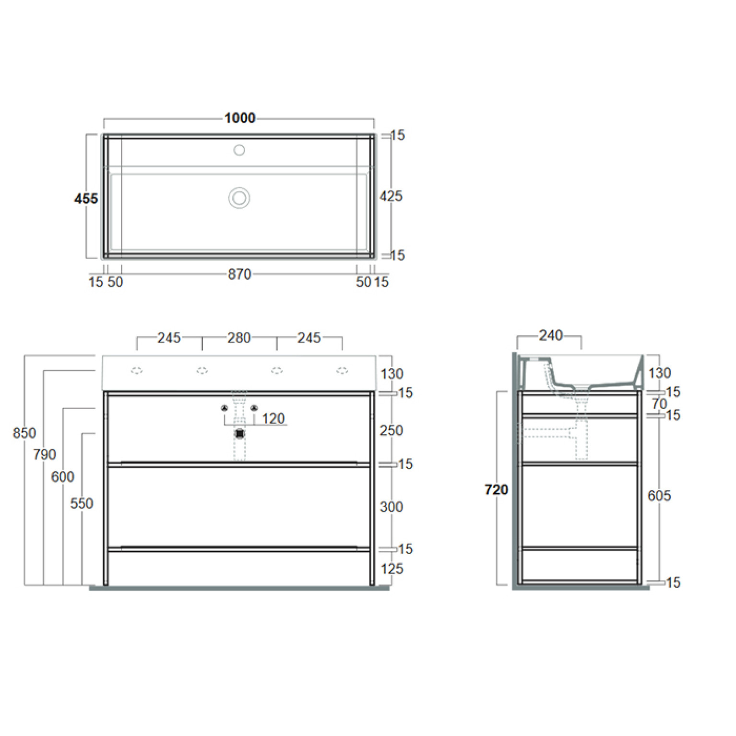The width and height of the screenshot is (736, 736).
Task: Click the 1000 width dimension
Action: tap(240, 118)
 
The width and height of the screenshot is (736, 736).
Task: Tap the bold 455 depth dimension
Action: tap(86, 199)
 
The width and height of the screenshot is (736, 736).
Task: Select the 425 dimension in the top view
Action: tap(391, 196)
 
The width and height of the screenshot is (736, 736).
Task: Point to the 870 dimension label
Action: tap(239, 274)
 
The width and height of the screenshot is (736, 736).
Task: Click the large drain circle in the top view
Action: tap(239, 198)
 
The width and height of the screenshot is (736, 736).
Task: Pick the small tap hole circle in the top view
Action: tap(239, 150)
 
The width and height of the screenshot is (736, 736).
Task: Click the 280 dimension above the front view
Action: tap(239, 338)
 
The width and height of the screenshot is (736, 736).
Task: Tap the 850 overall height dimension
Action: tap(24, 433)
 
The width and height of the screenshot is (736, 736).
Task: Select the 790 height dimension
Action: tap(45, 454)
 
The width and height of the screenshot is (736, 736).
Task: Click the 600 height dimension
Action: tap(63, 477)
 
